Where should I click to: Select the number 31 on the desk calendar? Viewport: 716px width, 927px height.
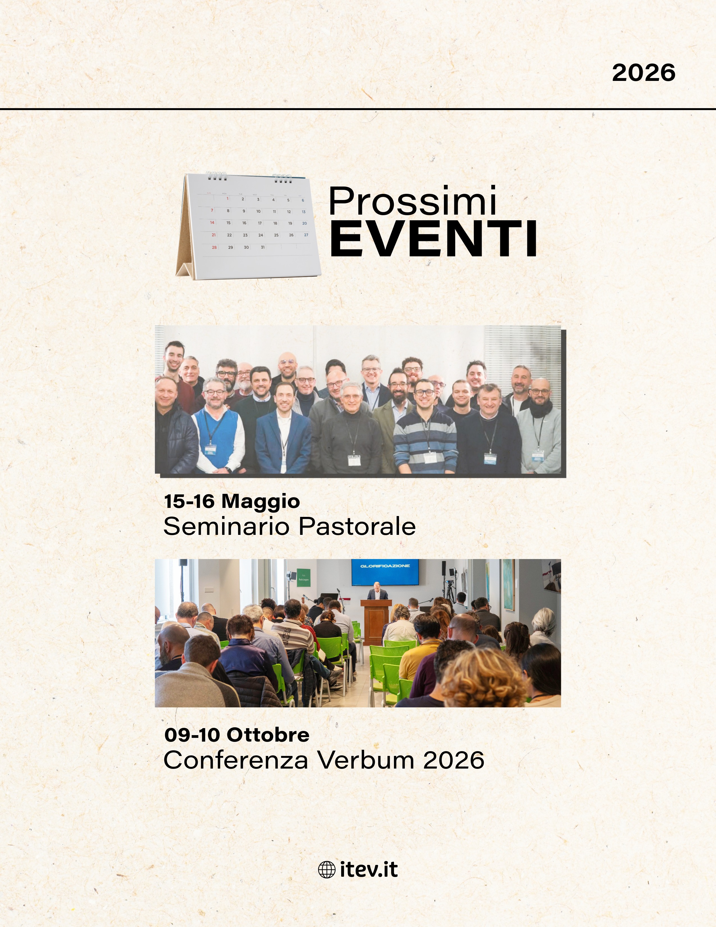(x=263, y=247)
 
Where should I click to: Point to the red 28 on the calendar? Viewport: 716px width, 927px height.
(x=214, y=247)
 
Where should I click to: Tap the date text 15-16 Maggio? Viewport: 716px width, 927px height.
(x=232, y=501)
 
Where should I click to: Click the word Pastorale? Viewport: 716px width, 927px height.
(x=357, y=527)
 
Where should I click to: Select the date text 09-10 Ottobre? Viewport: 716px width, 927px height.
(x=237, y=735)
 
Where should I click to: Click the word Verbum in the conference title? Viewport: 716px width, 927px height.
(x=366, y=760)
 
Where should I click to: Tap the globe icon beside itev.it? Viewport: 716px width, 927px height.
(x=327, y=870)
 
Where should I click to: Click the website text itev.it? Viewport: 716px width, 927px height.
(x=369, y=870)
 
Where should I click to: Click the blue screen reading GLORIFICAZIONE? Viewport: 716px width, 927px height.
(x=385, y=571)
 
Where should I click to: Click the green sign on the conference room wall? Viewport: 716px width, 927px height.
(x=303, y=578)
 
